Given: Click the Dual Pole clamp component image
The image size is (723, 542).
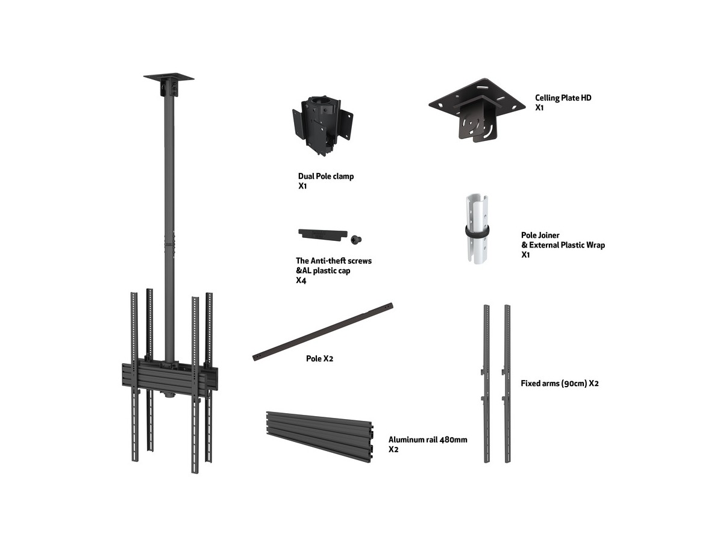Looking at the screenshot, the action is click(322, 125).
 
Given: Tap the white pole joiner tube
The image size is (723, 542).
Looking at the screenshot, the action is click(477, 228).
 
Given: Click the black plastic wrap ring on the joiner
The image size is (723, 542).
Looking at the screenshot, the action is click(477, 231).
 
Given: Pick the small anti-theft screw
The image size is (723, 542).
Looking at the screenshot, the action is click(355, 240).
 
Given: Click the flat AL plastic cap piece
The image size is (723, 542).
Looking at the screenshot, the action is click(323, 235).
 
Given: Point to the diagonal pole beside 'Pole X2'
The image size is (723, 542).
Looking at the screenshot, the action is click(323, 332).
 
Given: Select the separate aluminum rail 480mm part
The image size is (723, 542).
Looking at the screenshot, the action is click(319, 437).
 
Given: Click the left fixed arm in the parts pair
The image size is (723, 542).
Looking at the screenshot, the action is click(486, 384).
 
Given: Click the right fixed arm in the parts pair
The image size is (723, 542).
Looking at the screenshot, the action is click(507, 384).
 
